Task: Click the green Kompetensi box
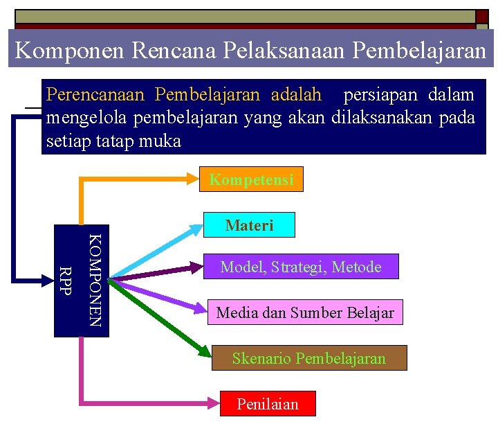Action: point(251,180)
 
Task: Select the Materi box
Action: point(249,225)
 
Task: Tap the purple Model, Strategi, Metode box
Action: point(301,267)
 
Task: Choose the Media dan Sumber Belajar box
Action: point(305,312)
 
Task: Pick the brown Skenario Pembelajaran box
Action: point(308,358)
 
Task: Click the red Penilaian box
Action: point(267,404)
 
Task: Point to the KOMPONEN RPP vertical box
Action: point(81,281)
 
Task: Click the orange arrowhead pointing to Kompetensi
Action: point(193,179)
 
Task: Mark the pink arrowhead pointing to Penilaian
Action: point(214,401)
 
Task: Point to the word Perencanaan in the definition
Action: point(97,94)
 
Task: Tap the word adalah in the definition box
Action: point(296,94)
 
